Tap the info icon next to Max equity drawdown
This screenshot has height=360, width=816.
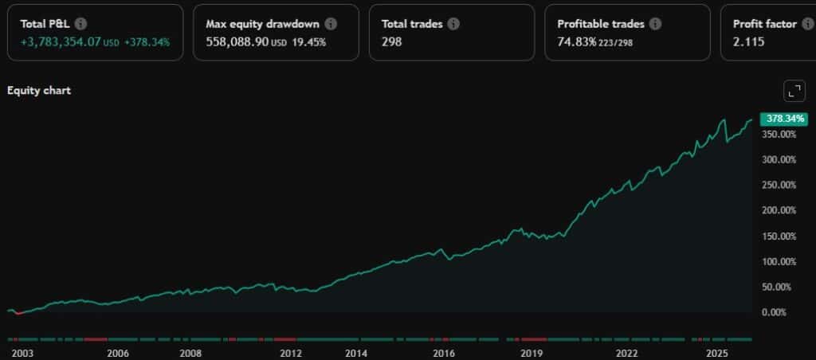[x=331, y=24]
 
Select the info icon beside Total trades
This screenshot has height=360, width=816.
[x=453, y=24]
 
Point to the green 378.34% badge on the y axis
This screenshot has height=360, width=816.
[x=784, y=119]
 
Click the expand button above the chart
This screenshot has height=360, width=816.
[x=794, y=92]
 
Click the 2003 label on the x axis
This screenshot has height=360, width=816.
[x=21, y=353]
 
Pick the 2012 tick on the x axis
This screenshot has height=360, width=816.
[x=291, y=353]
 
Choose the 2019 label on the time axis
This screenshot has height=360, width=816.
[x=532, y=353]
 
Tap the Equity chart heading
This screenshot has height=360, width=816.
[x=39, y=91]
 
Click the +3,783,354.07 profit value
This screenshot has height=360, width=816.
[x=61, y=41]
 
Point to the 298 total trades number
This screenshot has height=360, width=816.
[x=392, y=41]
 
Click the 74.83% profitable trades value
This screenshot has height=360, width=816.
[x=576, y=41]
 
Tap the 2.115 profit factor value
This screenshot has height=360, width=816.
[x=748, y=41]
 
